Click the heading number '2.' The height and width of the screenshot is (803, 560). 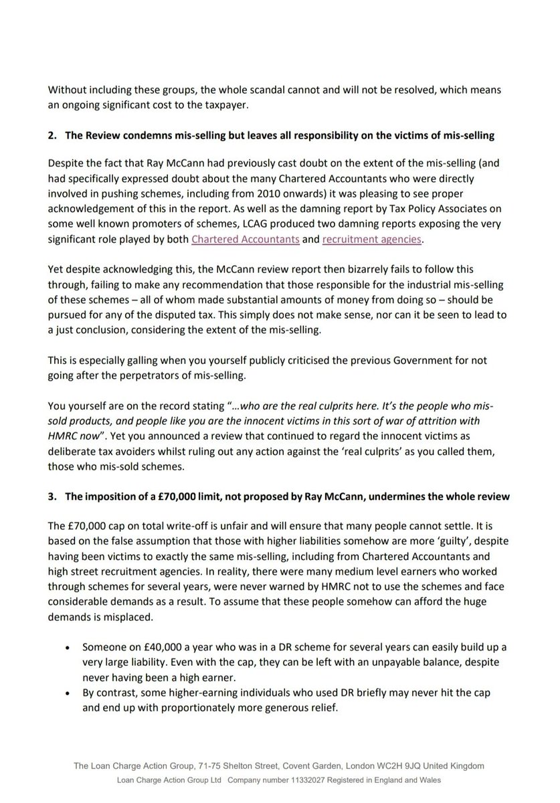[x=52, y=135]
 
